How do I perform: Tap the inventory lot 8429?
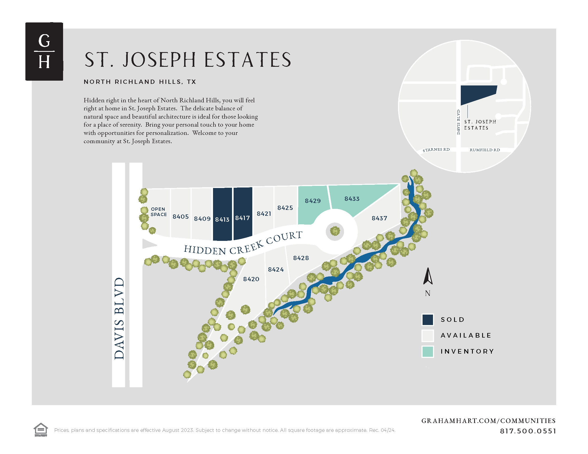(x=313, y=204)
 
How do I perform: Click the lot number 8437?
(x=379, y=218)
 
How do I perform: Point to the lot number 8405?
(x=181, y=217)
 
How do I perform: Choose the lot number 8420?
(x=251, y=279)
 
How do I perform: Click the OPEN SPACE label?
(x=158, y=212)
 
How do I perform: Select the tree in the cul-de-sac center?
(x=335, y=231)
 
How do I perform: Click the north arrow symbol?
(x=428, y=276)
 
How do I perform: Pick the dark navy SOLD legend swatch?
(x=428, y=319)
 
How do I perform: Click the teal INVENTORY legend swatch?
(x=428, y=351)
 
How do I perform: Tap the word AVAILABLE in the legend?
(x=466, y=335)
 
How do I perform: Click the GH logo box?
(x=44, y=51)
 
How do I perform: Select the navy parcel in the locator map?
(x=477, y=94)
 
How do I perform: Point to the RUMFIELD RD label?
(x=485, y=150)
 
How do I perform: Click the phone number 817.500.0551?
(x=528, y=431)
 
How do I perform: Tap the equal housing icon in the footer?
(x=41, y=429)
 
